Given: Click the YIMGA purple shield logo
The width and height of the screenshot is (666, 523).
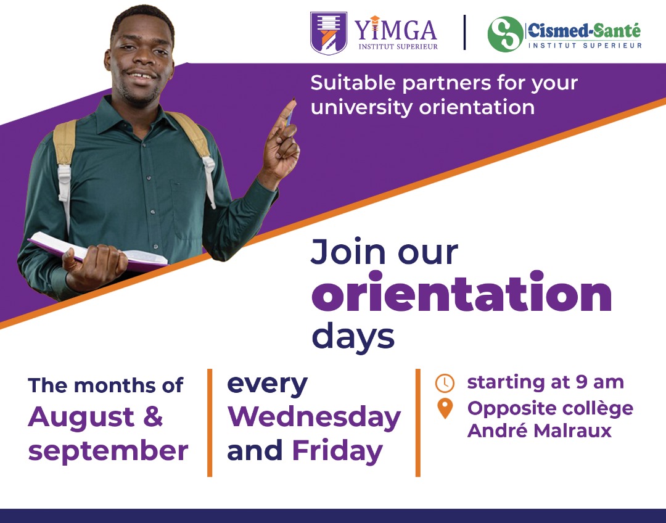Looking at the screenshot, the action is [x=328, y=33].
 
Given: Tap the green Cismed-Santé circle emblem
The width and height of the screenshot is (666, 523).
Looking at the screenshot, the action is [x=506, y=34].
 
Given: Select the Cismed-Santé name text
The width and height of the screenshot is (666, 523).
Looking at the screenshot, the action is [x=584, y=31].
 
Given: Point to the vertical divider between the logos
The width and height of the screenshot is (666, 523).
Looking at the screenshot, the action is [x=465, y=32].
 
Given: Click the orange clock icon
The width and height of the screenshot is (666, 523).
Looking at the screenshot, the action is [x=445, y=383].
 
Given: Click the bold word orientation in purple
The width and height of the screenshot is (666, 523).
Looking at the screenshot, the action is [x=462, y=292].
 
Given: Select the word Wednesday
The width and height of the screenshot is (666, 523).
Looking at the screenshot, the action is [x=314, y=417].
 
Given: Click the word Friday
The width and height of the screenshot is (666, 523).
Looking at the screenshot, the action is [x=338, y=451].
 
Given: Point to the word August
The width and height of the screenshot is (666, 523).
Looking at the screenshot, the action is [x=81, y=418].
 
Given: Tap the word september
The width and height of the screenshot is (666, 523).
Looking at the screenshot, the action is [x=109, y=451].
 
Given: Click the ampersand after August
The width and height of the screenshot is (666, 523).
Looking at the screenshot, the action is [x=153, y=416].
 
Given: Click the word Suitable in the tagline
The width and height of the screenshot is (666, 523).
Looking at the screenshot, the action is [x=353, y=83].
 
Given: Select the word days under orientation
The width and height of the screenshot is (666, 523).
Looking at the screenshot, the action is [x=353, y=337].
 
